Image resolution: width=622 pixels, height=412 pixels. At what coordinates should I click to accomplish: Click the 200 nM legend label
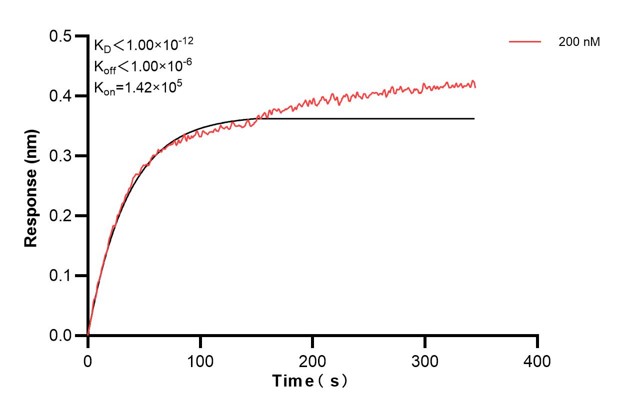579,43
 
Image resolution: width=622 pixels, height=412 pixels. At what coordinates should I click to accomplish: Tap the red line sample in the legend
526,43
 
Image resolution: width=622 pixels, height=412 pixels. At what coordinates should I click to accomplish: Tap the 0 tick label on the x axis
88,358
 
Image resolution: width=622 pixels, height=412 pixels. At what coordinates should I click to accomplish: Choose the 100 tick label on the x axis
200,358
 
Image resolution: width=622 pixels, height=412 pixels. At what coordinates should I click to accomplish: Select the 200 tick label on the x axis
313,358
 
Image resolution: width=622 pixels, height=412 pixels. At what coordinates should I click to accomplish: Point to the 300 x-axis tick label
425,358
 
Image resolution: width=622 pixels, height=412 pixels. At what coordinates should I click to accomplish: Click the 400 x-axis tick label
538,358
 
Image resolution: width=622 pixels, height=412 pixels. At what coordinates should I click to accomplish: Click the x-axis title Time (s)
312,382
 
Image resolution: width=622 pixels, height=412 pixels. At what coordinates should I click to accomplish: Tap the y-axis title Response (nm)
32,187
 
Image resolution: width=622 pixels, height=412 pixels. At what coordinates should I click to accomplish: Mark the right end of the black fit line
474,119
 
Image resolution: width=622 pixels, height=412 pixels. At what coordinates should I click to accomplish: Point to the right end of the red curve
475,84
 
